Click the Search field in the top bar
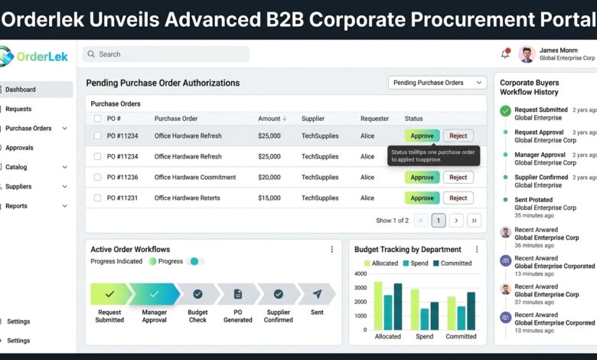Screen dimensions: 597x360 tap(166, 54)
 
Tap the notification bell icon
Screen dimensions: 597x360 tap(505, 54)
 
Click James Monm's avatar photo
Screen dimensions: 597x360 tap(527, 54)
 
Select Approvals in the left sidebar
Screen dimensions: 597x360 tap(19, 148)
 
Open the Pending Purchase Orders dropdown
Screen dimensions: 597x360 tap(438, 83)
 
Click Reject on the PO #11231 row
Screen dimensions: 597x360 tap(458, 198)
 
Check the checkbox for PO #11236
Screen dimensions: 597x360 tap(97, 177)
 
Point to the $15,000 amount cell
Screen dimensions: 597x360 tap(269, 198)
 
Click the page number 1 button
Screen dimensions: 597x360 tap(439, 221)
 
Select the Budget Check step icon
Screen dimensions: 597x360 tap(197, 294)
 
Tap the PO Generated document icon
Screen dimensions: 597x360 tap(238, 294)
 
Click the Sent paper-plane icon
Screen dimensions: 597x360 tap(317, 293)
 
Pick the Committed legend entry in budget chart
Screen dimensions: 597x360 tap(452, 263)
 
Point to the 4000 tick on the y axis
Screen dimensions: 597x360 tap(360, 273)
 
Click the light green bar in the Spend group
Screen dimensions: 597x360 tap(415, 309)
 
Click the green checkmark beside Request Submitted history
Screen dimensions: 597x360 tap(505, 111)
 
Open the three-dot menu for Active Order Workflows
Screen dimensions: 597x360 tap(332, 249)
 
